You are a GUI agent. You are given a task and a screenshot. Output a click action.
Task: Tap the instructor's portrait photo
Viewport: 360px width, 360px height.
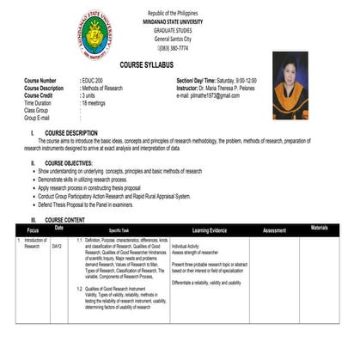290,86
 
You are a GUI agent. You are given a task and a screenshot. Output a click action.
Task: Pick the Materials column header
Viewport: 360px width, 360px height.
319,229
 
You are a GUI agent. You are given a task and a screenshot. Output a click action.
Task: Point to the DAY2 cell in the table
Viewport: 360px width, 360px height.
57,246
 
